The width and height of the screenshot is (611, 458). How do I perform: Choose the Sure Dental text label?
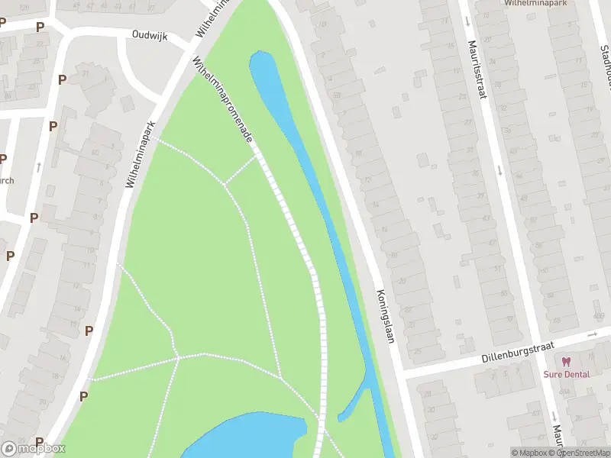(x=567, y=374)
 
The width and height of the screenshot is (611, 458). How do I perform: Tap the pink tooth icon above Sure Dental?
(x=566, y=362)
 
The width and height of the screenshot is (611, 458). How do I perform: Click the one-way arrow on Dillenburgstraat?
(x=593, y=335)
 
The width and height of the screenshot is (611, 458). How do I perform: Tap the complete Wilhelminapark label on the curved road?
(x=141, y=154)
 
